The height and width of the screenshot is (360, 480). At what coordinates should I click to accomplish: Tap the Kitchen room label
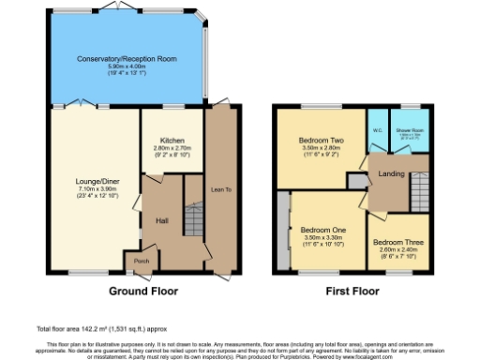pos(172,141)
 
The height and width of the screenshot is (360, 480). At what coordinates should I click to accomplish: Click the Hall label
pos(160,221)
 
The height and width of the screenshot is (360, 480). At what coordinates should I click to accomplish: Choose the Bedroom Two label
pos(309,142)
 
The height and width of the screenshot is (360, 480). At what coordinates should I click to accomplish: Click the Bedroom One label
pos(322,230)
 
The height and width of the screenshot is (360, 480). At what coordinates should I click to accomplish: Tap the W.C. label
pos(377,130)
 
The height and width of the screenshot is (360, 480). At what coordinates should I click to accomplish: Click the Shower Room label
pos(409,130)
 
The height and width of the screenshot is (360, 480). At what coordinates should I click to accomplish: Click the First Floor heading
pos(352,291)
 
